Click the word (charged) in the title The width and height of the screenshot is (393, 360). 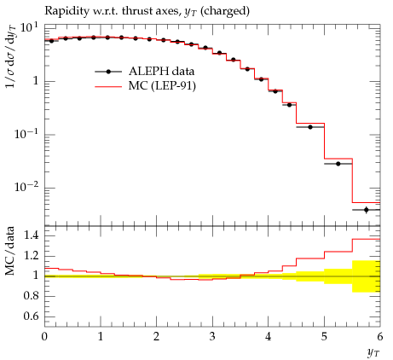[225, 11]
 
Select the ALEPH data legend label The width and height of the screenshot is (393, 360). [161, 72]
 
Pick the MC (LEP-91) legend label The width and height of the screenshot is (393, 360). [162, 86]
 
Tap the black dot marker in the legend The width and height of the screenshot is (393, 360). [108, 72]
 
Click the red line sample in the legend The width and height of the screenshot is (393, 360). [108, 86]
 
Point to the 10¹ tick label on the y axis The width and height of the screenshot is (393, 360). [29, 28]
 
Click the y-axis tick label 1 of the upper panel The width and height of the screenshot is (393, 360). [35, 81]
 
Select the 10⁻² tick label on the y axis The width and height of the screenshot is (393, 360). [26, 188]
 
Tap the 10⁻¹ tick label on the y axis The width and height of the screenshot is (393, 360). [26, 134]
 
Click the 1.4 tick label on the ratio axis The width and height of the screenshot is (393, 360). [31, 235]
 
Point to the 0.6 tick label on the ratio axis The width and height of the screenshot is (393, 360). [31, 316]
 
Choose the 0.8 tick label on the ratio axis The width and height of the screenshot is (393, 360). [31, 296]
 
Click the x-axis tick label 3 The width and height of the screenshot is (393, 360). [212, 337]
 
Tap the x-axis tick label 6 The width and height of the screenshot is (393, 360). [380, 337]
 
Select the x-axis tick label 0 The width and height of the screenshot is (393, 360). [44, 337]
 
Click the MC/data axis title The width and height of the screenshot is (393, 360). [9, 251]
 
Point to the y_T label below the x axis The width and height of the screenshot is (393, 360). [373, 353]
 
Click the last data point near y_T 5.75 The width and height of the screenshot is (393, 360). [366, 210]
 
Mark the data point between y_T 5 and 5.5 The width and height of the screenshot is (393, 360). [338, 164]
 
